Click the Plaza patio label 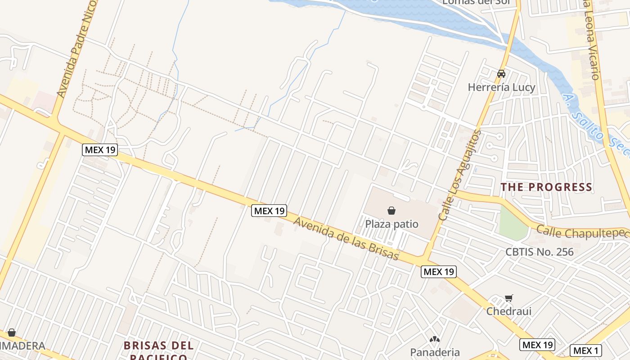(x=391, y=224)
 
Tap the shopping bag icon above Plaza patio (x=391, y=210)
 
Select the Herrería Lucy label (x=501, y=87)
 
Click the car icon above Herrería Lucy (x=501, y=74)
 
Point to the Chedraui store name (x=508, y=311)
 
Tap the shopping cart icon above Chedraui (x=508, y=297)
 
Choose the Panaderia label (x=435, y=352)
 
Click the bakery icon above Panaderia (x=435, y=339)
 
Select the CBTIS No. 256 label (x=540, y=252)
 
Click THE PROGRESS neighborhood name (x=546, y=187)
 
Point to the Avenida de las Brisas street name (x=346, y=238)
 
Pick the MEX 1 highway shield (x=585, y=351)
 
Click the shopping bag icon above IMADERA (x=12, y=333)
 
